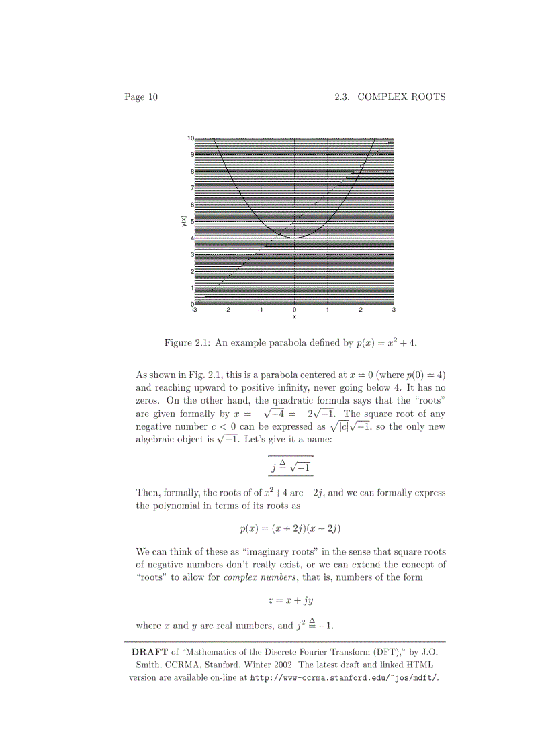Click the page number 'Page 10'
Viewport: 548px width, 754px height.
pyautogui.click(x=140, y=97)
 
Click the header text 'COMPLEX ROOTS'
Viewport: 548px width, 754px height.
pyautogui.click(x=401, y=97)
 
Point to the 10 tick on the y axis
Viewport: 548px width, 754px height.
pyautogui.click(x=191, y=138)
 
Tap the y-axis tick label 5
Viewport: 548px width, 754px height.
pyautogui.click(x=191, y=222)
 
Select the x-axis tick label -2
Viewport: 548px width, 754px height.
pyautogui.click(x=227, y=310)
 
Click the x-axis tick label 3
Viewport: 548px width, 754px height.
pyautogui.click(x=394, y=310)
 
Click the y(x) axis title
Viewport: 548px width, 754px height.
pyautogui.click(x=183, y=221)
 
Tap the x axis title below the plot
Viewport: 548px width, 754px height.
pyautogui.click(x=294, y=317)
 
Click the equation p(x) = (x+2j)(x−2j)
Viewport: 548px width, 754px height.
pyautogui.click(x=291, y=529)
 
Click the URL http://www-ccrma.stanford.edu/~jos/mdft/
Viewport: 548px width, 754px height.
pyautogui.click(x=344, y=678)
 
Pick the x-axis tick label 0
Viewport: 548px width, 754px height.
pyautogui.click(x=294, y=310)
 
